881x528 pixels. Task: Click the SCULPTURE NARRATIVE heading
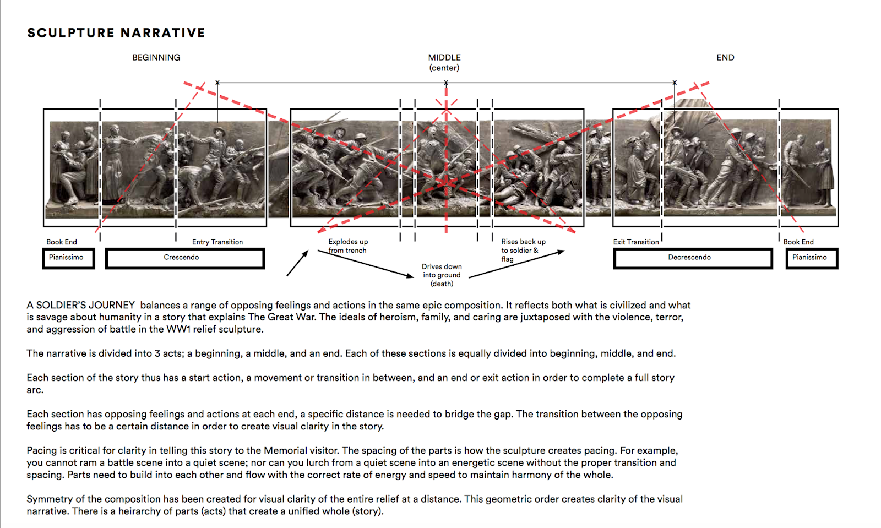[x=116, y=33]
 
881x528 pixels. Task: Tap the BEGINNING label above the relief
[x=156, y=57]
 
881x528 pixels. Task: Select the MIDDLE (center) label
[x=444, y=62]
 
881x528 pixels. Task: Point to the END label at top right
[x=725, y=57]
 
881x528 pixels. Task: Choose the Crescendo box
[x=184, y=258]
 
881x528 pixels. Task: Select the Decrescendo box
[x=692, y=258]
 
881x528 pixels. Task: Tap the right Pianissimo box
[x=812, y=258]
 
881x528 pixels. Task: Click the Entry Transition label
[x=217, y=242]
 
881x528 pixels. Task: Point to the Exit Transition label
[x=636, y=242]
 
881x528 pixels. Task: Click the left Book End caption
[x=62, y=242]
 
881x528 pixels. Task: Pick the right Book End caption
[x=798, y=242]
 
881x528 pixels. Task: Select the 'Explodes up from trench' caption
[x=348, y=246]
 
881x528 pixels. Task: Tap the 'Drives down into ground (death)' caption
[x=442, y=275]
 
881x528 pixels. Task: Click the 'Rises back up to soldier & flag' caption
[x=523, y=250]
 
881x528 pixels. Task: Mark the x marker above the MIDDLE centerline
[x=446, y=83]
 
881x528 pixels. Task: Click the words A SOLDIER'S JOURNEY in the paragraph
[x=81, y=305]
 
